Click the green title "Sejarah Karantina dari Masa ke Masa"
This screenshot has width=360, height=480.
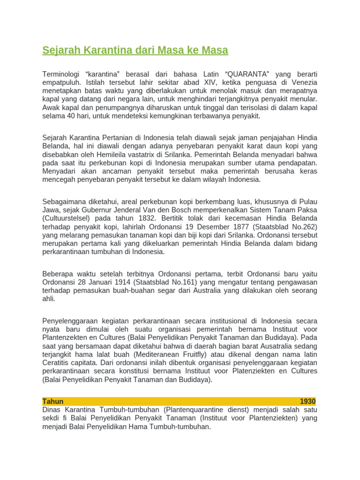[x=135, y=50]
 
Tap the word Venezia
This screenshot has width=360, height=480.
[x=304, y=82]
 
